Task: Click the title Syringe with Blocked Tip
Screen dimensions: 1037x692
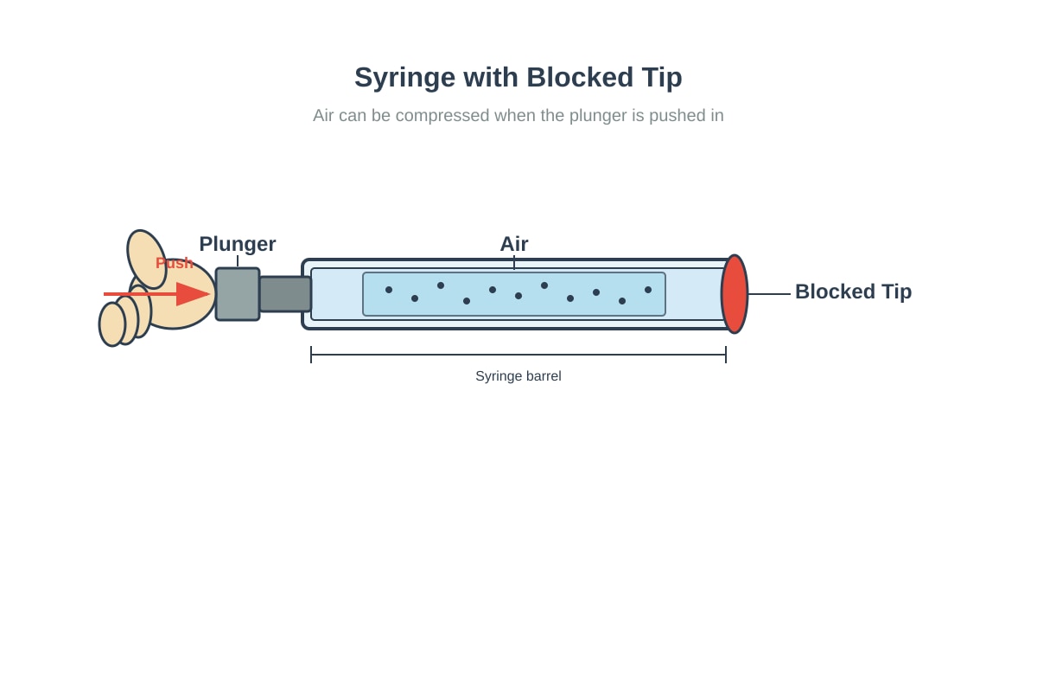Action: pyautogui.click(x=518, y=77)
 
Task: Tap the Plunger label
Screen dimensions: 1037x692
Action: pyautogui.click(x=238, y=244)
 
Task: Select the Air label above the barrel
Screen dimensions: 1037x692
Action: pyautogui.click(x=514, y=244)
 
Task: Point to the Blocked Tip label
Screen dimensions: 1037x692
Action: pyautogui.click(x=853, y=292)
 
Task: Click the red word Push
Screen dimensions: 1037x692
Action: pyautogui.click(x=174, y=263)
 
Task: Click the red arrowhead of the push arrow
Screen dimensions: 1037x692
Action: pyautogui.click(x=193, y=294)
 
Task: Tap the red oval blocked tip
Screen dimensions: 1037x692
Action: pyautogui.click(x=735, y=294)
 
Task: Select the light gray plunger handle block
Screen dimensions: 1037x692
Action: pyautogui.click(x=238, y=294)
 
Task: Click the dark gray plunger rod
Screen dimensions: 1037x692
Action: pyautogui.click(x=285, y=294)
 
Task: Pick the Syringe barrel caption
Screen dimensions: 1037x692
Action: pyautogui.click(x=518, y=376)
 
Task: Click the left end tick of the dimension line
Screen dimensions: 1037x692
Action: pyautogui.click(x=311, y=355)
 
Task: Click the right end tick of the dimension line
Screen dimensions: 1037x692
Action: pyautogui.click(x=726, y=355)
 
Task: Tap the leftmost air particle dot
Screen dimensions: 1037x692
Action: pyautogui.click(x=389, y=290)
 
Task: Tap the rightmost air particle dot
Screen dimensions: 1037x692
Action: pyautogui.click(x=648, y=290)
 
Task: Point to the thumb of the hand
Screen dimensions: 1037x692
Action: pyautogui.click(x=146, y=259)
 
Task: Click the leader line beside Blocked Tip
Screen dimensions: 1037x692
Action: pyautogui.click(x=769, y=294)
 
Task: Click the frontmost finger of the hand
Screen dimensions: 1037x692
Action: pyautogui.click(x=112, y=324)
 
